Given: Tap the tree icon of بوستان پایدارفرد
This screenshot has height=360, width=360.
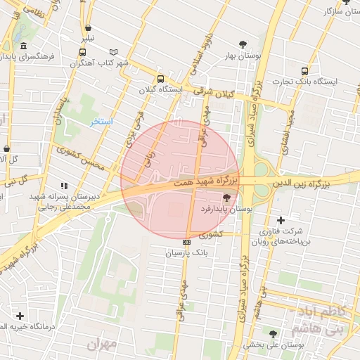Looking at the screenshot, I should tap(226, 199).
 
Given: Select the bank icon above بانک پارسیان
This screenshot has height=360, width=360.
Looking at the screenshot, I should tap(186, 242).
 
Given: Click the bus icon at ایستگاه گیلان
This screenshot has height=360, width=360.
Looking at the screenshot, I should tap(161, 79).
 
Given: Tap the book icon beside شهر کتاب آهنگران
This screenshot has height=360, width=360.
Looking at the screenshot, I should tap(114, 52).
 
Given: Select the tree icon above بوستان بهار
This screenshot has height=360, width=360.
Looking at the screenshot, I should tap(243, 44).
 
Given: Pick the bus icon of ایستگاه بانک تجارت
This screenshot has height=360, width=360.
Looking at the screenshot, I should tap(304, 71).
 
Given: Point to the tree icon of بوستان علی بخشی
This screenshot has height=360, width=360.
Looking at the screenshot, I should tap(273, 334).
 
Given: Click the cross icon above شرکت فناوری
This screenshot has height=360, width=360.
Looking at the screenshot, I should tap(281, 220).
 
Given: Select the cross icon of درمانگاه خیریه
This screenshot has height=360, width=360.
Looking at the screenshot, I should tap(20, 316).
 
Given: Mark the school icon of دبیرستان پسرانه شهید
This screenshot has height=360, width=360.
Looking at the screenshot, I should tap(64, 186).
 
